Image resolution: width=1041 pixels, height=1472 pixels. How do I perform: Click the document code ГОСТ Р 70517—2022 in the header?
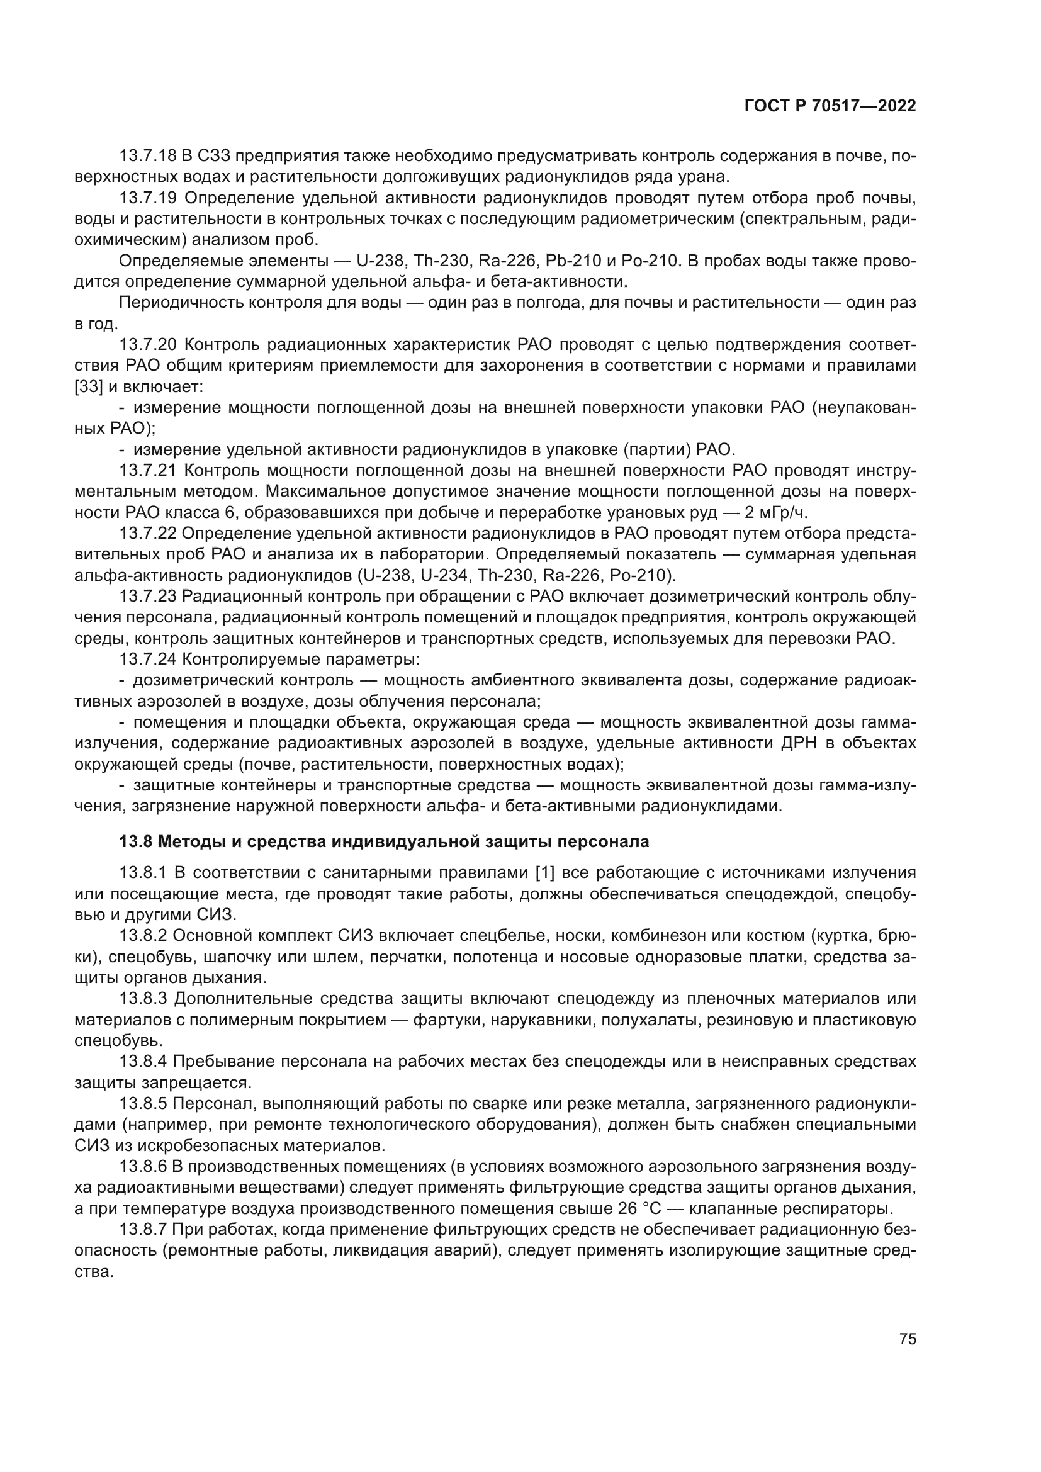point(830,106)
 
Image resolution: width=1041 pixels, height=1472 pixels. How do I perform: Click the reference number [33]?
point(87,386)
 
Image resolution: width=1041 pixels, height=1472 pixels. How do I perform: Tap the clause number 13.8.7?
point(143,1230)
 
